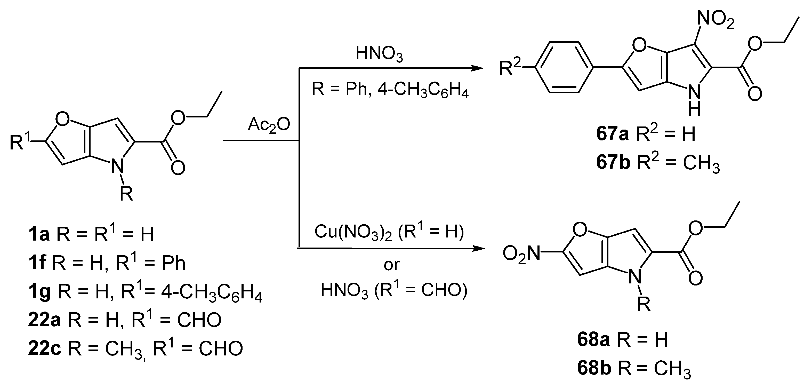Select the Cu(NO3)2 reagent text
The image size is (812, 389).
pos(353,233)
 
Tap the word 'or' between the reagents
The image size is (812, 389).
pos(391,265)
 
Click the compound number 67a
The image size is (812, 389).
pos(612,134)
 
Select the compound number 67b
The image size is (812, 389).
pos(613,163)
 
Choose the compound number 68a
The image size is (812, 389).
pos(593,340)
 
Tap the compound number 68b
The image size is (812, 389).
pos(594,368)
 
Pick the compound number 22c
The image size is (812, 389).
pos(44,348)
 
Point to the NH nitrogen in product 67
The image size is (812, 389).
pos(694,93)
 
